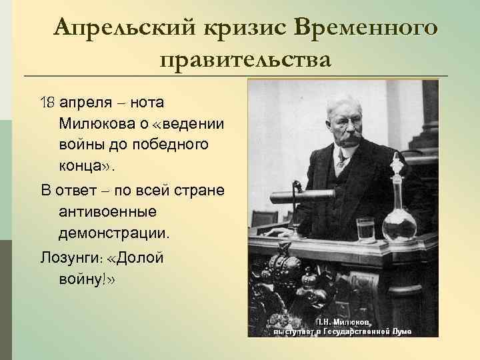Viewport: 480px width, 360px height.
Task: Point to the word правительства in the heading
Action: tap(245, 60)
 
